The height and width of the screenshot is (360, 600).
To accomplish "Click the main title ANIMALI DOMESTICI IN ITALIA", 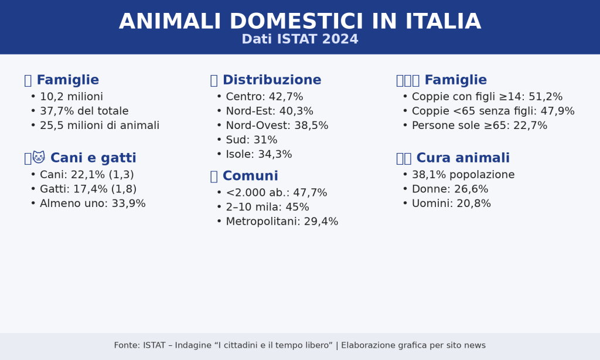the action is tap(300, 22).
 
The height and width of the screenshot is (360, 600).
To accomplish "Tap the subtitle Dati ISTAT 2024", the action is tap(300, 39).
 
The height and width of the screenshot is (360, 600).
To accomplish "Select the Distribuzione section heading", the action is tap(272, 80).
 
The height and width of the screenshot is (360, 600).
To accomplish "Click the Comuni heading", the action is tap(250, 176).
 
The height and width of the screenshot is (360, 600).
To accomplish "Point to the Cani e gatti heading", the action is tap(93, 158).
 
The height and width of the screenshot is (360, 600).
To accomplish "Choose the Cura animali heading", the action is tap(463, 158).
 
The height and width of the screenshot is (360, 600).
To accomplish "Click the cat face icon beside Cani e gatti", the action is tap(39, 157).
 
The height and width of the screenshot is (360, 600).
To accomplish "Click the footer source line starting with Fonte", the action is tap(300, 345).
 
